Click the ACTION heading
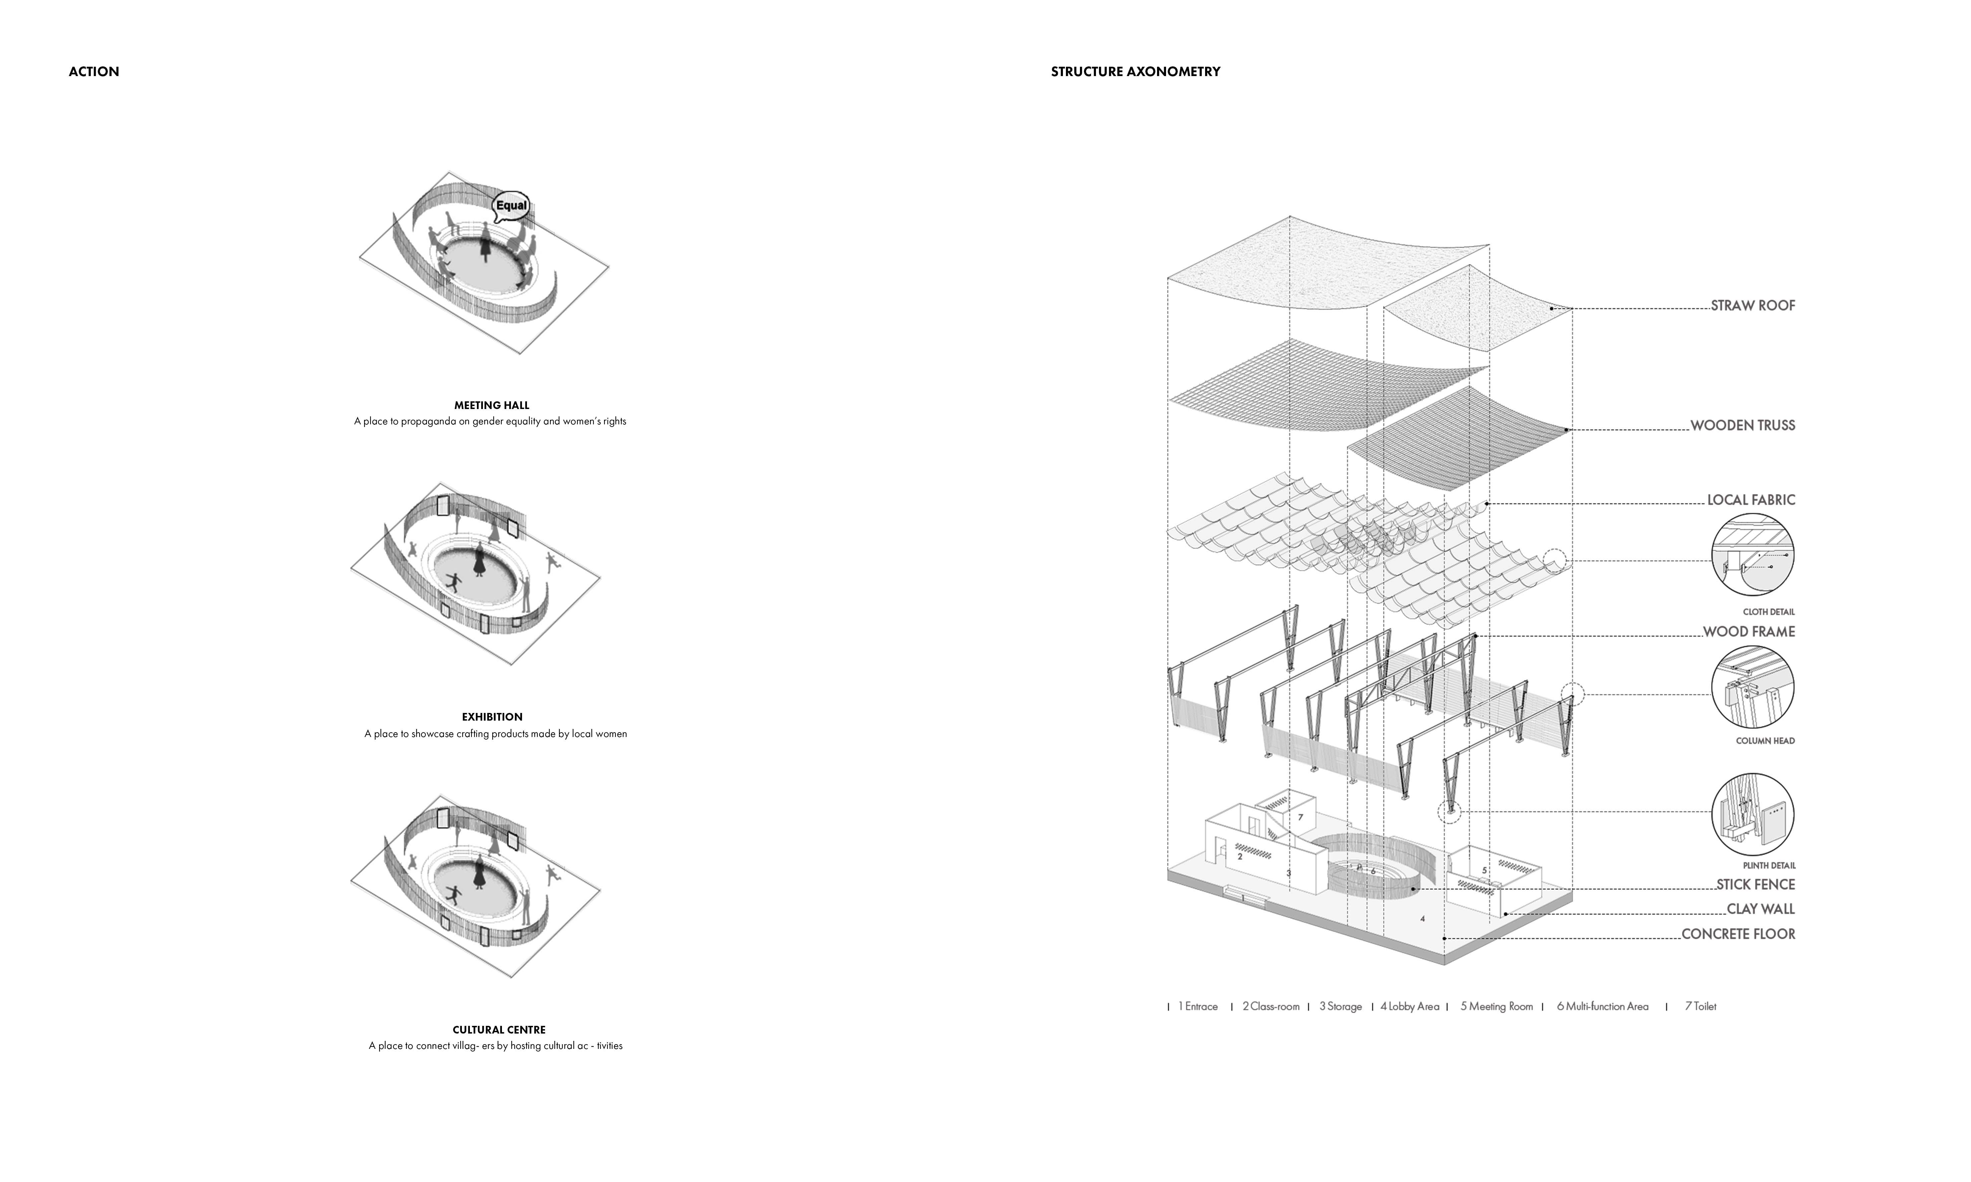point(94,72)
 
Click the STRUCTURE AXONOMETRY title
point(1135,72)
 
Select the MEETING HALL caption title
point(492,405)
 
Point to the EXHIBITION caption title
point(492,717)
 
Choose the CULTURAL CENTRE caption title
point(499,1030)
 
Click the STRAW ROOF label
point(1753,306)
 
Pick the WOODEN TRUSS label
point(1742,425)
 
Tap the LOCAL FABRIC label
point(1750,500)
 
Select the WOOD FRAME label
point(1749,632)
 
